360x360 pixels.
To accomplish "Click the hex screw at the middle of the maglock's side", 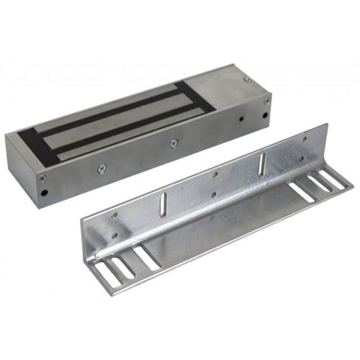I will pyautogui.click(x=174, y=143).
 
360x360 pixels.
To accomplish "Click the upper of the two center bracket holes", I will pyautogui.click(x=213, y=174).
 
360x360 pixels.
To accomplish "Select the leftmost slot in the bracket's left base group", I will pyautogui.click(x=108, y=272).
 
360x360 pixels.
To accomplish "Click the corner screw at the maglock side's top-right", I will pyautogui.click(x=266, y=102).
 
